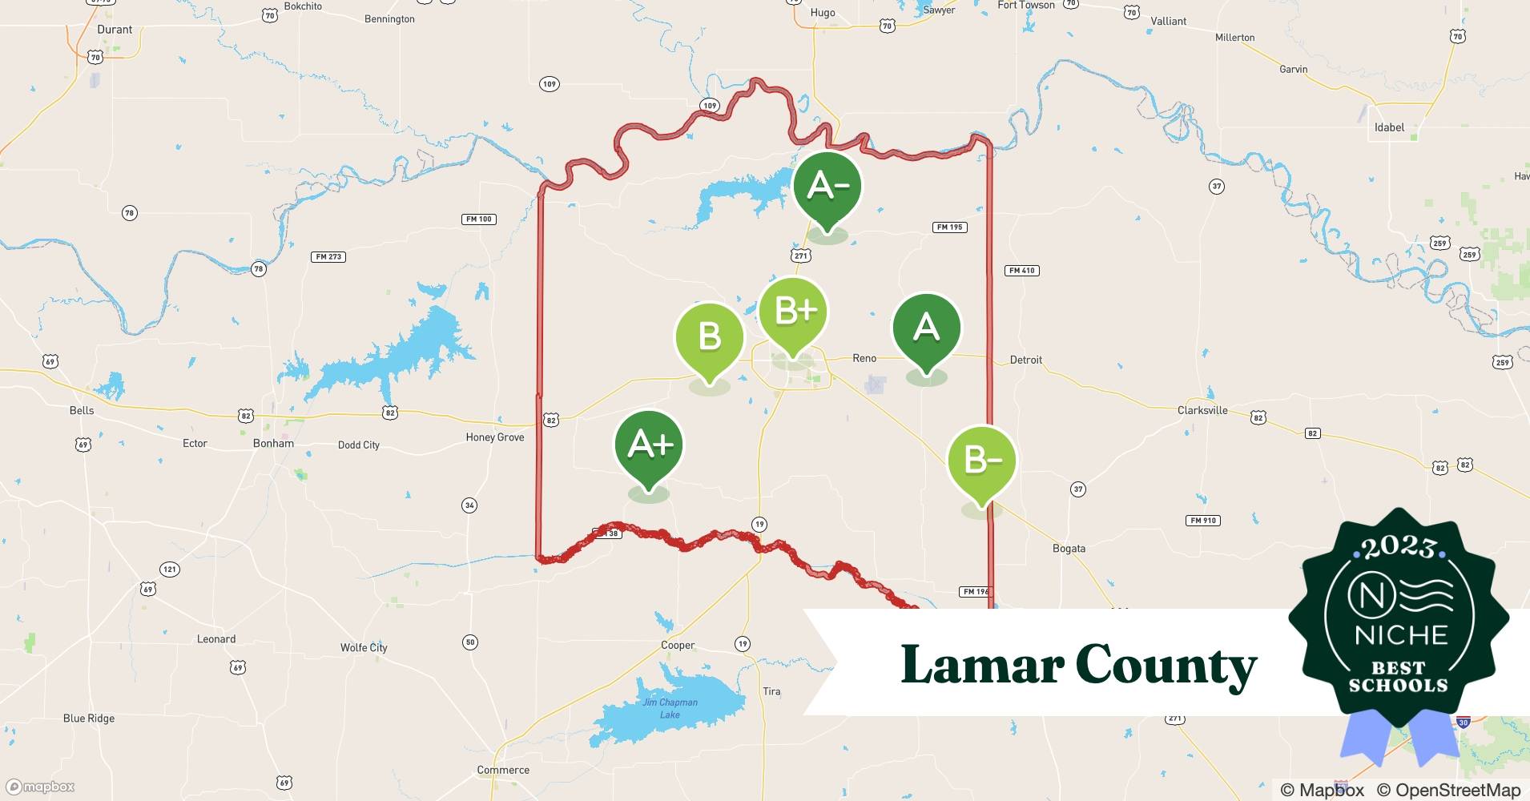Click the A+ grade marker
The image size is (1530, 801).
pos(649,445)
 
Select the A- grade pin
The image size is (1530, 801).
pos(827,186)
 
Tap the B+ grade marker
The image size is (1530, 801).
pos(792,312)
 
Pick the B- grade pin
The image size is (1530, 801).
pos(981,461)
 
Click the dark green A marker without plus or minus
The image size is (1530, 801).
pos(926,328)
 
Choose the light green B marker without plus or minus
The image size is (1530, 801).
pos(709,336)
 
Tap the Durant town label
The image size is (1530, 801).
pos(115,30)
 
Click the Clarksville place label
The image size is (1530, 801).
pos(1202,410)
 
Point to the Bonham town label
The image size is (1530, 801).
pos(273,443)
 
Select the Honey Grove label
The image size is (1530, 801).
pos(495,437)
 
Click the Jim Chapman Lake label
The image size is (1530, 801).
pos(670,708)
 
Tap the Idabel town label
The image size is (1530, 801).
pos(1389,127)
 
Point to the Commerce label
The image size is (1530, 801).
pos(503,770)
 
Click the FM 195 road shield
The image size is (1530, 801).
pos(950,227)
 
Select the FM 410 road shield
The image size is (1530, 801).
pos(1021,271)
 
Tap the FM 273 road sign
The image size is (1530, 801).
pos(328,257)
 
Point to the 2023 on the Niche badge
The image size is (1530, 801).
pos(1399,547)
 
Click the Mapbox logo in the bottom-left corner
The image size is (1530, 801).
pos(40,787)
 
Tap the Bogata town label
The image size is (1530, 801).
pos(1069,549)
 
